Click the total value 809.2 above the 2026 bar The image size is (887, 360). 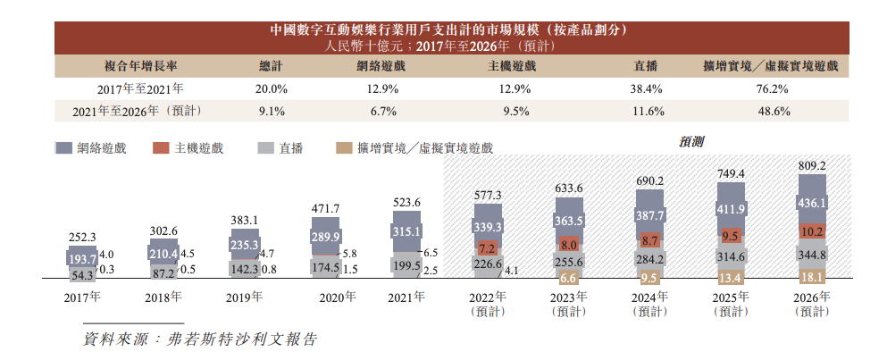tap(811, 166)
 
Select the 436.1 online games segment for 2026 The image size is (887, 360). tap(811, 204)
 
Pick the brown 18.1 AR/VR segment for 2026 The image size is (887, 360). tap(811, 278)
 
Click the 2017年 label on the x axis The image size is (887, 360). tap(82, 296)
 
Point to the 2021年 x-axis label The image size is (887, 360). tap(406, 296)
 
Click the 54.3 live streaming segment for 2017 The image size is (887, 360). tap(82, 276)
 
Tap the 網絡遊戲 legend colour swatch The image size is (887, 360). tap(63, 147)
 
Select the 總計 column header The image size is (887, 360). tap(271, 66)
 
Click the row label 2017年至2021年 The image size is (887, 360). tap(140, 88)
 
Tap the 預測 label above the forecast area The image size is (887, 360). tap(691, 140)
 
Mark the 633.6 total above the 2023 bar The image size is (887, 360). tap(568, 188)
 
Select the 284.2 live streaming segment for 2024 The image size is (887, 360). tap(649, 260)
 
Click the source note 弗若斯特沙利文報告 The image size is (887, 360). tap(236, 339)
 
